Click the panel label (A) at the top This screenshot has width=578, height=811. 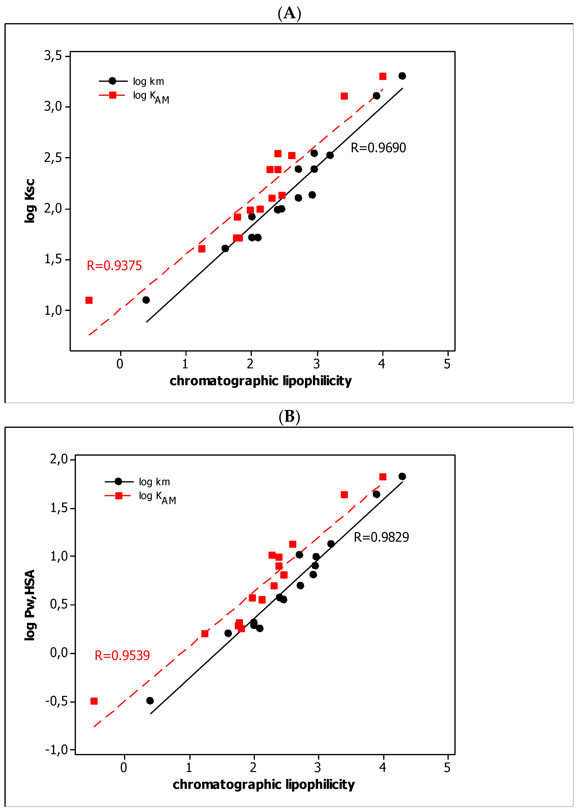289,14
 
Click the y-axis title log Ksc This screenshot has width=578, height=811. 30,201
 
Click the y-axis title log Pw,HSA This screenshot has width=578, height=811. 30,605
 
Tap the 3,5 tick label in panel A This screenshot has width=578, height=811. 53,56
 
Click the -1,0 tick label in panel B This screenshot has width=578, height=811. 56,750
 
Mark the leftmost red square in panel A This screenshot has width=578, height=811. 89,300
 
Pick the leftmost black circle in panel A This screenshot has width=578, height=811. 146,300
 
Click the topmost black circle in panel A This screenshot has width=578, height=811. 402,76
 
